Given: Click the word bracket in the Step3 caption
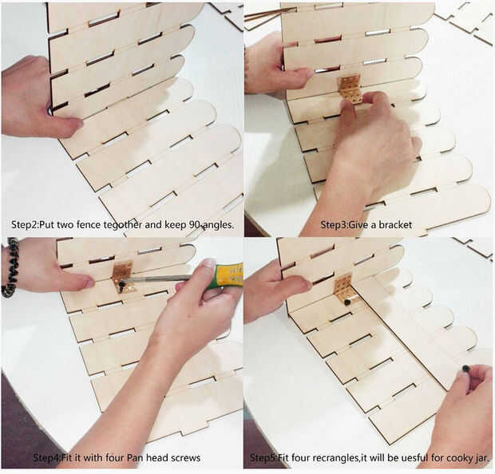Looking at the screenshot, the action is point(395,225).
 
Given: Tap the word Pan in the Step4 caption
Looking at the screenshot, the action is point(135,457).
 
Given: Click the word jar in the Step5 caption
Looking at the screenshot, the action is point(481,457).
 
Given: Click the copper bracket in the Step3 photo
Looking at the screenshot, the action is point(350,89).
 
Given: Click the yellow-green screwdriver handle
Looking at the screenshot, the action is point(229,276).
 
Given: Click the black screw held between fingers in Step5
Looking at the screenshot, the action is point(465,369).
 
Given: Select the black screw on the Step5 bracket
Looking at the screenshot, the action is point(347,302).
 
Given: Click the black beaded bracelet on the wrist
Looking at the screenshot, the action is point(10,267).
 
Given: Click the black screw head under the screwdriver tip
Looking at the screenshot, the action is point(122,284).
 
